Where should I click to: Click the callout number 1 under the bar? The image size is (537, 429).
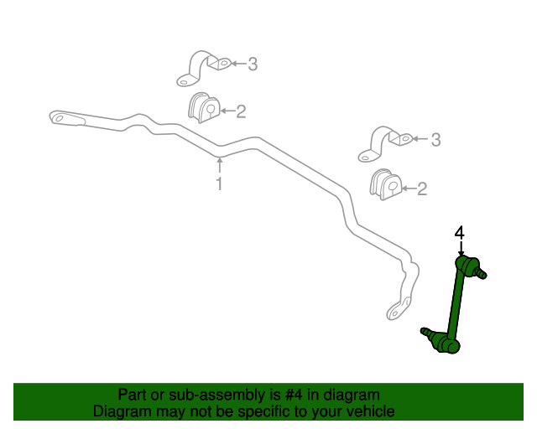coord(220,183)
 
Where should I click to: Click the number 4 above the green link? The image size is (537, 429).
coord(460,232)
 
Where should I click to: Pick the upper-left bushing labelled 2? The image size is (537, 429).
coord(203,109)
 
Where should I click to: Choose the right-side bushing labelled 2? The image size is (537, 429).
coord(385,184)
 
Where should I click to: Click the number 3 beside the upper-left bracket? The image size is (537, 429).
coord(252,64)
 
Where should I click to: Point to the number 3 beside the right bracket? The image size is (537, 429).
coord(435,141)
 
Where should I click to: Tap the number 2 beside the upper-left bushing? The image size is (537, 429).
coord(240,111)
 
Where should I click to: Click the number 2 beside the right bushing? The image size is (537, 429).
coord(422,189)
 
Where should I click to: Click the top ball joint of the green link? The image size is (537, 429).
coord(468,266)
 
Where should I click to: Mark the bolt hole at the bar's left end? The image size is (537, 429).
coord(59,118)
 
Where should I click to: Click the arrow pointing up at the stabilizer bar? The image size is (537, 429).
coord(220,163)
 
